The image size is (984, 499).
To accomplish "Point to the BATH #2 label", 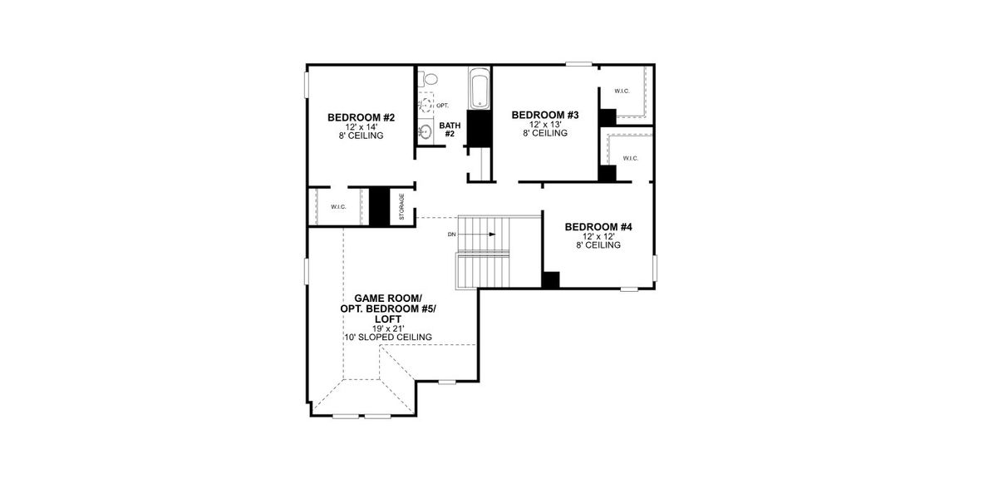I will click(x=450, y=129).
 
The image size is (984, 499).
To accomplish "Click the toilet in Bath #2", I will click(x=428, y=79).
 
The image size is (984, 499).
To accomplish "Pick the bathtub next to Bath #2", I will click(x=480, y=89).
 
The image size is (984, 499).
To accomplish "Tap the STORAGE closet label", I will click(x=401, y=207).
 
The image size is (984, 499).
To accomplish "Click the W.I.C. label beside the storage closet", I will click(x=337, y=207).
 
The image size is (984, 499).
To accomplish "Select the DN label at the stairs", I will click(x=452, y=235).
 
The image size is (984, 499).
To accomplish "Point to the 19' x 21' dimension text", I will click(x=387, y=329).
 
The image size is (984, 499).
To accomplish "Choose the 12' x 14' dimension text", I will click(x=361, y=126).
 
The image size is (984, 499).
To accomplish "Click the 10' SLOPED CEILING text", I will click(x=388, y=338).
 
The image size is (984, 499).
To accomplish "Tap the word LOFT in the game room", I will click(x=387, y=319).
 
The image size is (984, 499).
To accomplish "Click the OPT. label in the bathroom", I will click(x=442, y=106).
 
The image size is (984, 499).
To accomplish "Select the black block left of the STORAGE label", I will click(x=380, y=206).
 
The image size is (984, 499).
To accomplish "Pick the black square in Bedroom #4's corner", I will click(x=549, y=279).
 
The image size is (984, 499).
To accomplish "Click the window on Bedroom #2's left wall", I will click(x=307, y=86).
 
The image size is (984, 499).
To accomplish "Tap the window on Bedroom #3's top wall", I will click(x=578, y=64).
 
